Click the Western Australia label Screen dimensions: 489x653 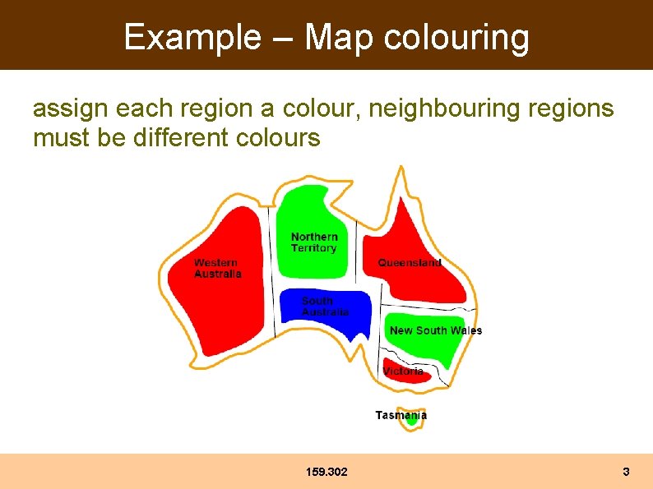[x=217, y=269]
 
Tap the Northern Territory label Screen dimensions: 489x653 [x=314, y=242]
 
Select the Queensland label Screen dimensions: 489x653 [x=410, y=263]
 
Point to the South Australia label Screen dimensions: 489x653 [x=324, y=307]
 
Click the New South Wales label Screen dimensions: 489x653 [x=436, y=330]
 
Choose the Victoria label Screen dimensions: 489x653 [x=403, y=371]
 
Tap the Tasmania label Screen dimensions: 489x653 [x=401, y=415]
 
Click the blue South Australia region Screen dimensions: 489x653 [x=345, y=325]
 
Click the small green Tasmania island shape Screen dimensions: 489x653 [x=412, y=421]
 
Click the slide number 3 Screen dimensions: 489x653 [x=626, y=472]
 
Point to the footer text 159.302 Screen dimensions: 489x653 [x=326, y=472]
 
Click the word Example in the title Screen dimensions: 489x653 [x=190, y=37]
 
